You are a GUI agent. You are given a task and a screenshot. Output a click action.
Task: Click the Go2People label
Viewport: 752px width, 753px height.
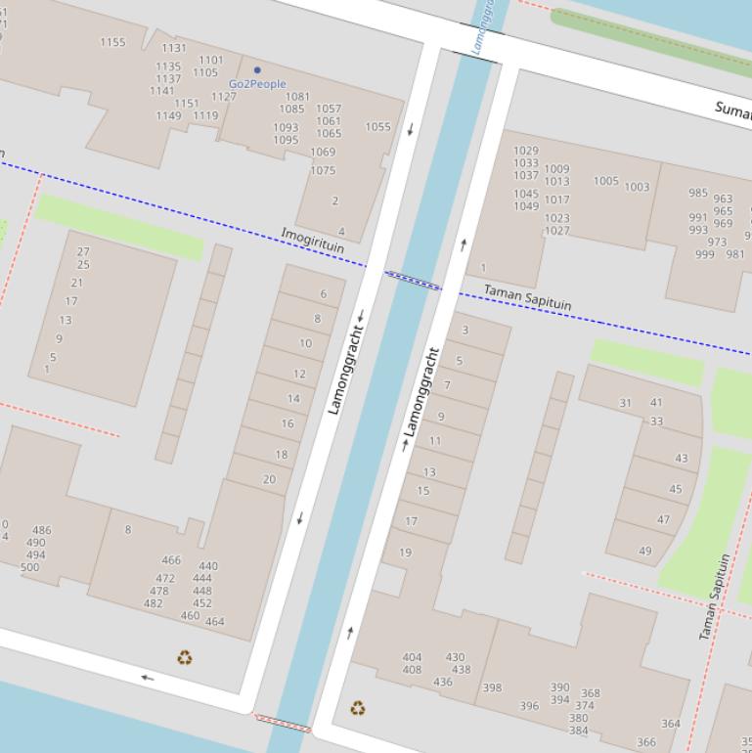[x=257, y=84]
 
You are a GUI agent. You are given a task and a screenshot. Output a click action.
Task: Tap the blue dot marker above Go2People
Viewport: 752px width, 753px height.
[x=257, y=70]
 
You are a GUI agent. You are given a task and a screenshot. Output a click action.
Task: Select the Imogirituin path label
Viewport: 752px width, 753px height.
[x=313, y=241]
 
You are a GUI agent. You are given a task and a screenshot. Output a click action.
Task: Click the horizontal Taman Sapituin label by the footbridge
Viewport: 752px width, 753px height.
[x=528, y=297]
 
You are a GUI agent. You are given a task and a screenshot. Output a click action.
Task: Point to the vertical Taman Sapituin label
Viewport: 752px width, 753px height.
[x=714, y=597]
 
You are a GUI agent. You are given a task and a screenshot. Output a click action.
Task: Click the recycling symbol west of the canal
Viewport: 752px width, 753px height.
[x=184, y=658]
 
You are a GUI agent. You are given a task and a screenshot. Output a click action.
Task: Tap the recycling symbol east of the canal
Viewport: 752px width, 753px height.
[x=358, y=707]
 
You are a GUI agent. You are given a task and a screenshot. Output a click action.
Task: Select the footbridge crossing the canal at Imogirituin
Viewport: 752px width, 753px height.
[x=413, y=281]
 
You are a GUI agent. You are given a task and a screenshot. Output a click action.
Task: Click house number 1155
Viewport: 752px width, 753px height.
[x=112, y=42]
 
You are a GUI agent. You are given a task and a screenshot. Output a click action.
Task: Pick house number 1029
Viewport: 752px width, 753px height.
[x=526, y=151]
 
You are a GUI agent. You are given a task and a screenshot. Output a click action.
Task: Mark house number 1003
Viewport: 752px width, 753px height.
[x=637, y=187]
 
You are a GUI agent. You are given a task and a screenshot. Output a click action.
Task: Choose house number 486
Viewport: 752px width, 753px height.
[x=41, y=530]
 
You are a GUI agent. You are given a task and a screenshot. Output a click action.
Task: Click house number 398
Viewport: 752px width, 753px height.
[x=492, y=687]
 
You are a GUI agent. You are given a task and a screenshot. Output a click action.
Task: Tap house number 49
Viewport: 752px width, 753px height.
[x=644, y=551]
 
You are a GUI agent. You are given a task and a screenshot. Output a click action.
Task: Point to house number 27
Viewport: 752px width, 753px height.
[x=83, y=251]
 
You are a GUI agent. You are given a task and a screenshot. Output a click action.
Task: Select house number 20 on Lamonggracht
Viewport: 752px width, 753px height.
[x=269, y=479]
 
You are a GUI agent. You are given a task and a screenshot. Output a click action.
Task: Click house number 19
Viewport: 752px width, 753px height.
[x=405, y=553]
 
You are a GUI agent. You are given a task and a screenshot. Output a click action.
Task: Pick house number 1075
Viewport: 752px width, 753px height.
[x=323, y=170]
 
